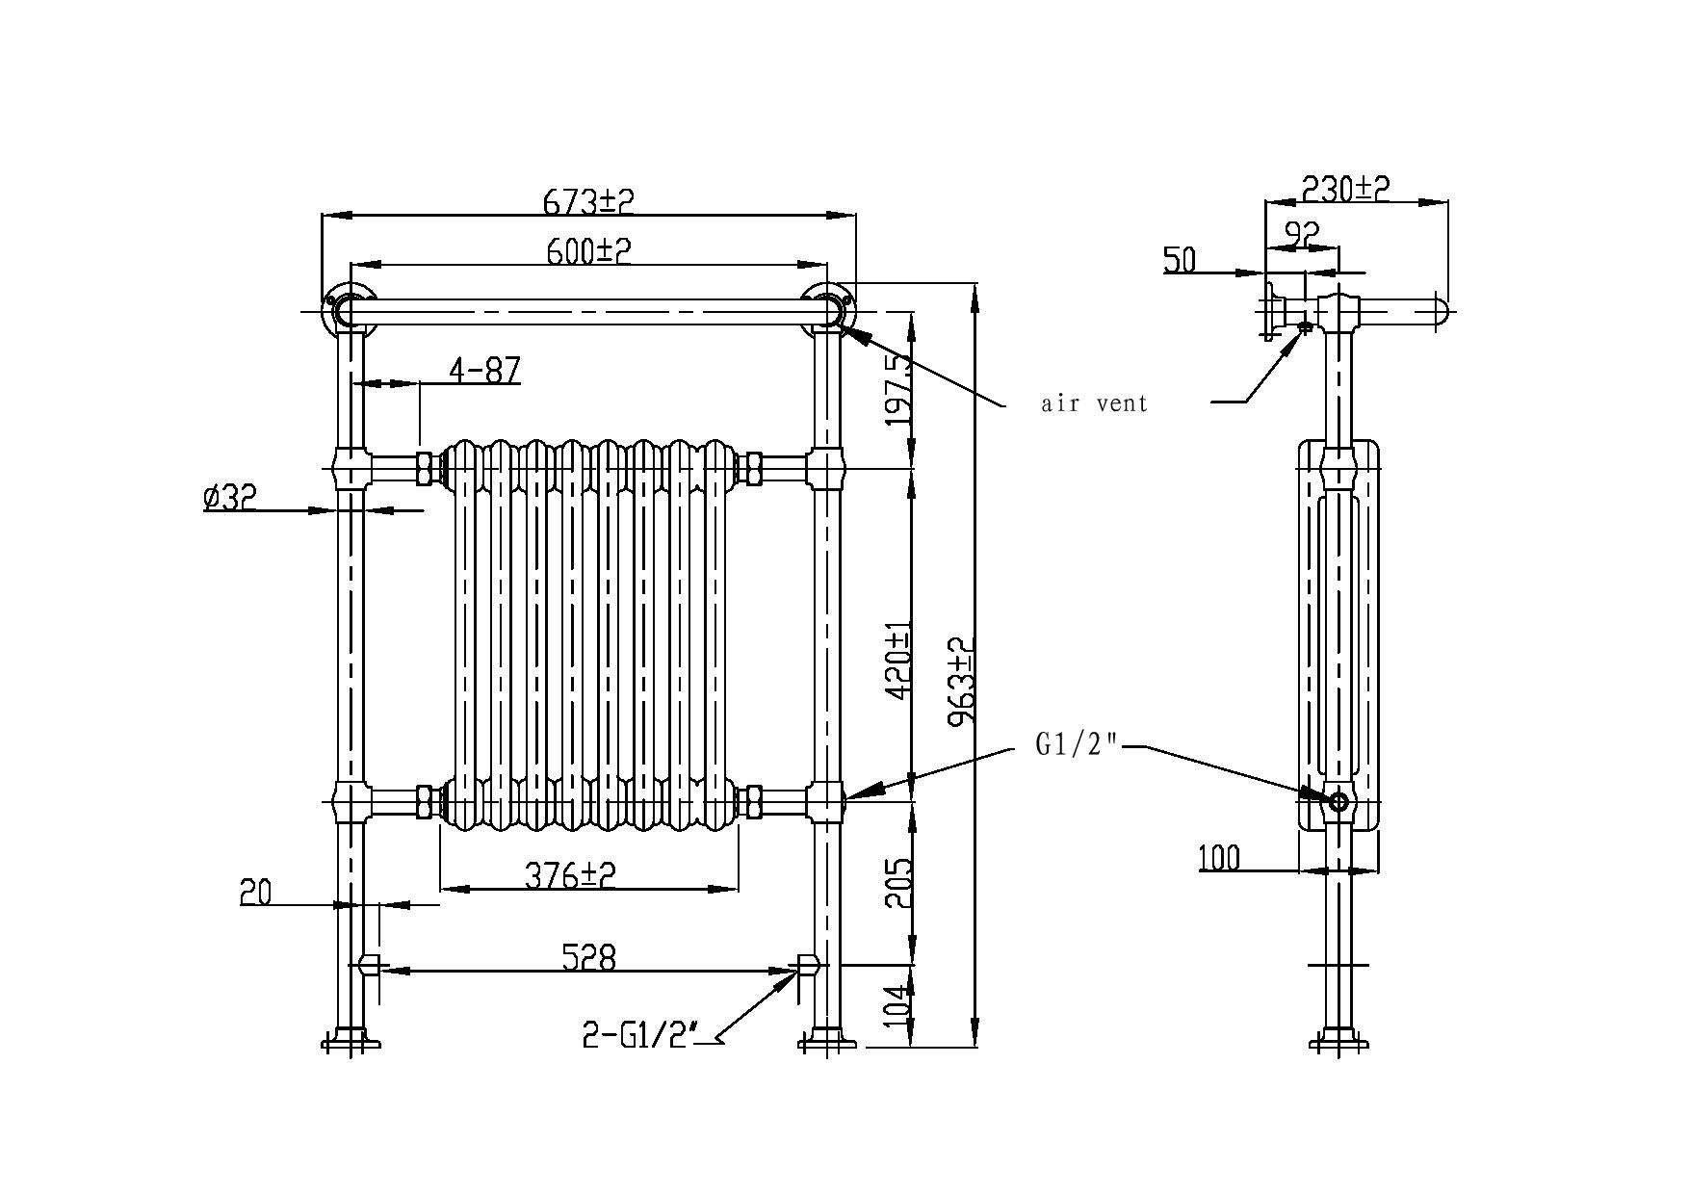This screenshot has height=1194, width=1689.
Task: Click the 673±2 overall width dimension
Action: (x=588, y=201)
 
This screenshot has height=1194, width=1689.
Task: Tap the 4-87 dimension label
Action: (x=484, y=369)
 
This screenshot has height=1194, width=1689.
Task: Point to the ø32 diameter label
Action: (x=230, y=497)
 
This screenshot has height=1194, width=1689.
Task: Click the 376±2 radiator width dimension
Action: (x=570, y=874)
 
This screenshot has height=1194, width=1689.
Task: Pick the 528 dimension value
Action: (x=587, y=957)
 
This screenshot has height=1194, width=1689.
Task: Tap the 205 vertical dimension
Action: (x=897, y=883)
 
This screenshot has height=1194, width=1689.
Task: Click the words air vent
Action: (x=1095, y=402)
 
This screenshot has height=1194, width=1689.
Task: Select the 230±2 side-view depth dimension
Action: (x=1346, y=188)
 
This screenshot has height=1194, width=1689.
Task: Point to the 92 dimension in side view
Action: (x=1301, y=232)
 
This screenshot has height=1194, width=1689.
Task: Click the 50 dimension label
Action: (x=1180, y=259)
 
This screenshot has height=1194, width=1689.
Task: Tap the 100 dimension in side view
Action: (x=1220, y=857)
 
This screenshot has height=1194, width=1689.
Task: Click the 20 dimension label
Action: (x=256, y=892)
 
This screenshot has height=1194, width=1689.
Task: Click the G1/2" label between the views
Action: (x=1077, y=744)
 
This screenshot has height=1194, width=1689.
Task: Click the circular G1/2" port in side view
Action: (x=1338, y=800)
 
